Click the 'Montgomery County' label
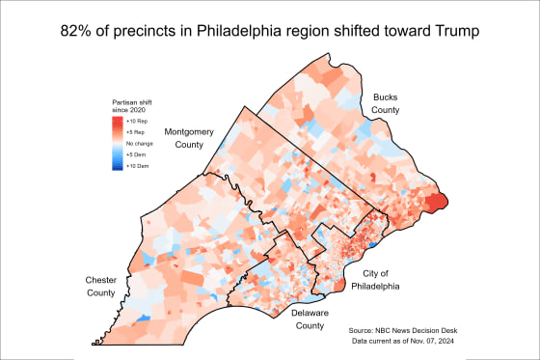189,137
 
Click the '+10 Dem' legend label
136,164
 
